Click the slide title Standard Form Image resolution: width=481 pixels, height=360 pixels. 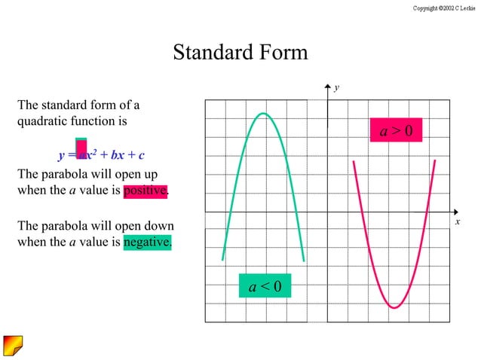point(240,53)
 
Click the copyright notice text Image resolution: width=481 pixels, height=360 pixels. point(445,8)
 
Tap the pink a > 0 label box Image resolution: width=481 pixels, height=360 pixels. point(396,131)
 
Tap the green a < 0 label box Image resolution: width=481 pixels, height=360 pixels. point(265,286)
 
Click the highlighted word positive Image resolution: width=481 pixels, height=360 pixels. point(145,191)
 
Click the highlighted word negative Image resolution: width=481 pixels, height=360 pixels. point(147,243)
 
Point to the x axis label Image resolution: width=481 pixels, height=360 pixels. point(457,223)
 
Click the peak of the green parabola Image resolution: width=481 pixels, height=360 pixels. point(263,114)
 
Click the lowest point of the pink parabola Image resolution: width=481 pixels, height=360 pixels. point(394,307)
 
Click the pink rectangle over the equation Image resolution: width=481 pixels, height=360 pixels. point(81,149)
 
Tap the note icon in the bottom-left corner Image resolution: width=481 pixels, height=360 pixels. point(13,345)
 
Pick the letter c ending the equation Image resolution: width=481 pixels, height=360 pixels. point(141,157)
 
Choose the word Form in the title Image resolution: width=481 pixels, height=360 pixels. point(279,53)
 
